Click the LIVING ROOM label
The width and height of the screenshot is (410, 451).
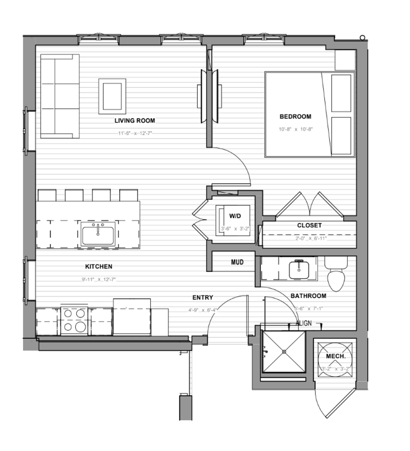pyautogui.click(x=135, y=121)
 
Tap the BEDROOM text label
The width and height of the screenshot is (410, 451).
pyautogui.click(x=295, y=117)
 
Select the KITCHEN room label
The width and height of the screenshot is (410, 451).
pyautogui.click(x=99, y=266)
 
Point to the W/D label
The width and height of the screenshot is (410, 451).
pyautogui.click(x=235, y=216)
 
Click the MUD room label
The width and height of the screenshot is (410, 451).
pyautogui.click(x=237, y=262)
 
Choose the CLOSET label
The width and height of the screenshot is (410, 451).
pyautogui.click(x=309, y=225)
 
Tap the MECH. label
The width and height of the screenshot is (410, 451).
pyautogui.click(x=336, y=357)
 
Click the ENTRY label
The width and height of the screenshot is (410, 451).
pyautogui.click(x=203, y=297)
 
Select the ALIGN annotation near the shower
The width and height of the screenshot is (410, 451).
pyautogui.click(x=303, y=323)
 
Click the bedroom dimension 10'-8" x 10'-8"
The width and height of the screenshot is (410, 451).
pyautogui.click(x=296, y=129)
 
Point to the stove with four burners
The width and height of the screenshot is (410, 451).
pyautogui.click(x=74, y=321)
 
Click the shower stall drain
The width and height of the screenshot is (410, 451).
pyautogui.click(x=284, y=352)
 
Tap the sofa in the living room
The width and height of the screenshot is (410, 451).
pyautogui.click(x=60, y=96)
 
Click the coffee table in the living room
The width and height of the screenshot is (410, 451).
pyautogui.click(x=112, y=96)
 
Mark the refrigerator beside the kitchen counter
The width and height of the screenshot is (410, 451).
pyautogui.click(x=132, y=316)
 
